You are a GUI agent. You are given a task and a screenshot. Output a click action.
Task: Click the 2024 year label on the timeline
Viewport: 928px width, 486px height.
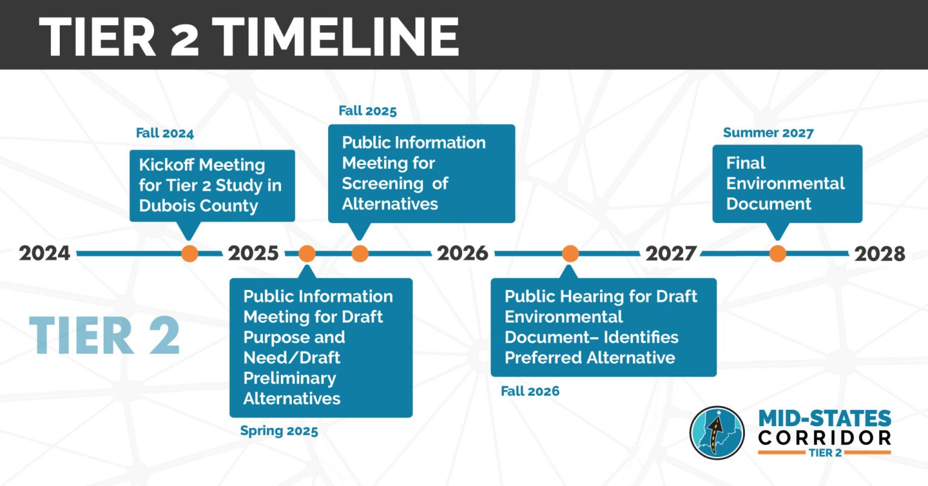(x=45, y=253)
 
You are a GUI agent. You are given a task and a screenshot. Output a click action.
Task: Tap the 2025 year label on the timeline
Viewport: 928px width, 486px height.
(x=254, y=253)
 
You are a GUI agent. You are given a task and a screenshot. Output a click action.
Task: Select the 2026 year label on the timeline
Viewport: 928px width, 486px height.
(x=463, y=253)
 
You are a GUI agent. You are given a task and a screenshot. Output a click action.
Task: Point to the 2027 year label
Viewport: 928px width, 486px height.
(x=671, y=253)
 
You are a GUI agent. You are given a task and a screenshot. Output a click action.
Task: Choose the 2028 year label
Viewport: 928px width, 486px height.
(x=880, y=253)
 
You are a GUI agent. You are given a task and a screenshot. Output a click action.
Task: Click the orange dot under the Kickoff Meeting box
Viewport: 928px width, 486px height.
(x=190, y=253)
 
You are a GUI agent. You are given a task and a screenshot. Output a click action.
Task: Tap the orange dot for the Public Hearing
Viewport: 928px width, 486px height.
(x=570, y=253)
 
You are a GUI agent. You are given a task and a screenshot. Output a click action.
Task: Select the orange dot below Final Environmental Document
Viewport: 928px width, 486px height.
(x=778, y=253)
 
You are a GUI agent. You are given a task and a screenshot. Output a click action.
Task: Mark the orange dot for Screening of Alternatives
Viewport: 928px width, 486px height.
(x=360, y=253)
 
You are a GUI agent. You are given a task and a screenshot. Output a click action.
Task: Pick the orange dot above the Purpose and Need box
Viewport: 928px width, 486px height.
(x=307, y=253)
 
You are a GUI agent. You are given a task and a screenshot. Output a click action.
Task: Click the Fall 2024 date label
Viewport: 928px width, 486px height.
(x=165, y=134)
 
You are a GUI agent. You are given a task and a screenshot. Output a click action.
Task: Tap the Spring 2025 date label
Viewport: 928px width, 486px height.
(x=279, y=431)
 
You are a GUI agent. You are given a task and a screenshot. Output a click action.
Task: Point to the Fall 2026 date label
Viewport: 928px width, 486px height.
(x=530, y=391)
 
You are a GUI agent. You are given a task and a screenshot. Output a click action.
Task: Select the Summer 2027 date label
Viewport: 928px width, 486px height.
(x=768, y=133)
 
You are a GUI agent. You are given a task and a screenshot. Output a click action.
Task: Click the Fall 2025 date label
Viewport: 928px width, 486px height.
(x=367, y=111)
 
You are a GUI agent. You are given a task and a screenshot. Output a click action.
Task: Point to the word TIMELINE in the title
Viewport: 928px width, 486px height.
(x=337, y=37)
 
